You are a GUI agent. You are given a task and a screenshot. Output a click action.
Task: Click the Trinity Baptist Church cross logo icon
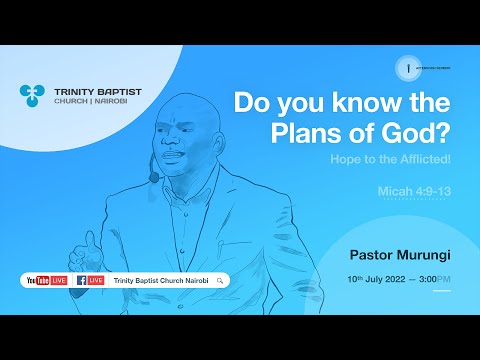(32, 96)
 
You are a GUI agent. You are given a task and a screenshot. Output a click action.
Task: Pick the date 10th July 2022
(381, 276)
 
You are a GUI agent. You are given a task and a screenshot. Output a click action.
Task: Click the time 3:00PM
(434, 276)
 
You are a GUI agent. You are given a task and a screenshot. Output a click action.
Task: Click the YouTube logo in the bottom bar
(37, 281)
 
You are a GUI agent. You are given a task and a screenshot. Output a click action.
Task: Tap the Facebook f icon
(81, 281)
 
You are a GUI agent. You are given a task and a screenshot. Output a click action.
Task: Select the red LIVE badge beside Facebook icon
(97, 281)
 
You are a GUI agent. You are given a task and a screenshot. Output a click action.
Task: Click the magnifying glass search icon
(219, 281)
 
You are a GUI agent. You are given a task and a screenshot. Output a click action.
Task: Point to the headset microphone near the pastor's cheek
(154, 178)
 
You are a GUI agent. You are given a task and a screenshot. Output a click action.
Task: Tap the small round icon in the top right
(409, 66)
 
